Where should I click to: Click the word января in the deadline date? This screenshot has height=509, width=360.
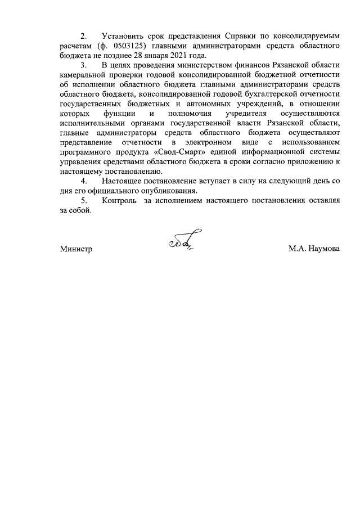pos(149,55)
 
